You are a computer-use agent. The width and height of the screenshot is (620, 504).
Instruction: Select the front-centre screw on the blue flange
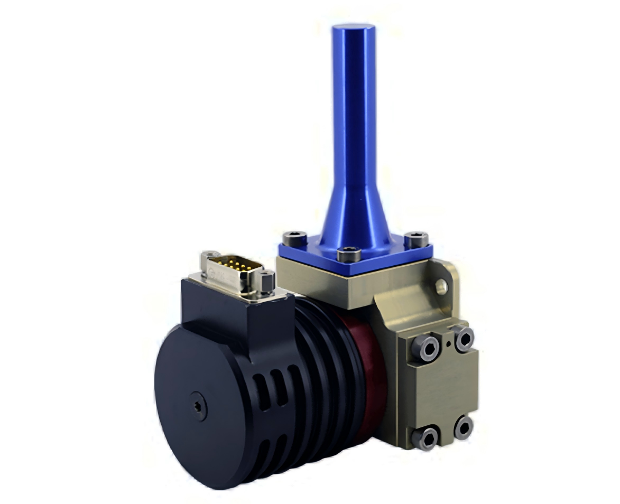(x=348, y=255)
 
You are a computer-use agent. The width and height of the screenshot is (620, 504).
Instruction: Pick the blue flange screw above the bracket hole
(x=417, y=239)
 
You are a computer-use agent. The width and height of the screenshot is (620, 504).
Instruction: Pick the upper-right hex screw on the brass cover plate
(x=464, y=339)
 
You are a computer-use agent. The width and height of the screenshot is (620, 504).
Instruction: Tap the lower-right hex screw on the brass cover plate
(x=463, y=427)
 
